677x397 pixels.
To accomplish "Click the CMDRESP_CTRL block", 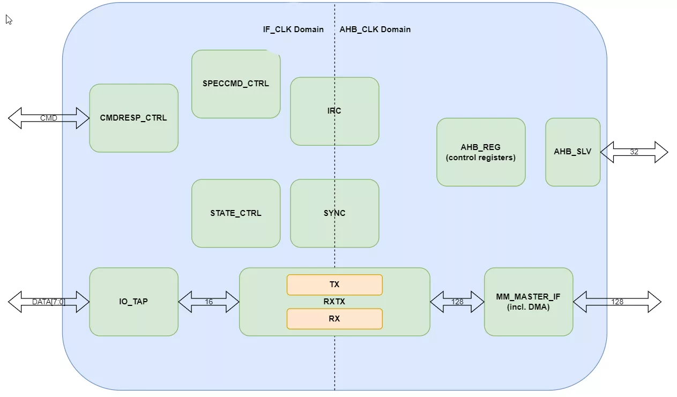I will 133,118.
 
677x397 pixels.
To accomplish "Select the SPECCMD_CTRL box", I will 236,84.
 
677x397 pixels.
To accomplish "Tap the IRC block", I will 334,111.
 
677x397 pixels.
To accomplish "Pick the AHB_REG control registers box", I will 481,152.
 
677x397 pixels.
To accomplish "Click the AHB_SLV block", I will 572,152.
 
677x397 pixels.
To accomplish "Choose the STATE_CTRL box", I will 236,213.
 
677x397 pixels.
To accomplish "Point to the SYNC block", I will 334,213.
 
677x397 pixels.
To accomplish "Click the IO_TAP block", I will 133,302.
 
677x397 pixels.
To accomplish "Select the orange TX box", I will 334,284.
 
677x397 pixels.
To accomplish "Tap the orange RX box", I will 334,319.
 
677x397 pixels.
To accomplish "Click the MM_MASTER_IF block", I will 529,302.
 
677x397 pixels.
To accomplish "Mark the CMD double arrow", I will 49,118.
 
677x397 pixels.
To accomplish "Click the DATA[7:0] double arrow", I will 49,302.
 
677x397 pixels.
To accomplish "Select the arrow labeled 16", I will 209,302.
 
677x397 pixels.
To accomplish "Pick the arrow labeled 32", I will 634,152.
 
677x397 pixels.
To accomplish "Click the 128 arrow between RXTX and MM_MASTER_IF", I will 457,302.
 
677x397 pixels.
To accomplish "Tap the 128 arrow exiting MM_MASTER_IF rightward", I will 618,302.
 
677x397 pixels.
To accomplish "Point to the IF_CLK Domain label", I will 293,29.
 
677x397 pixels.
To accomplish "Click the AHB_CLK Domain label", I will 375,29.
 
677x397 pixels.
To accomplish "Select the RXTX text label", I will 334,302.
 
